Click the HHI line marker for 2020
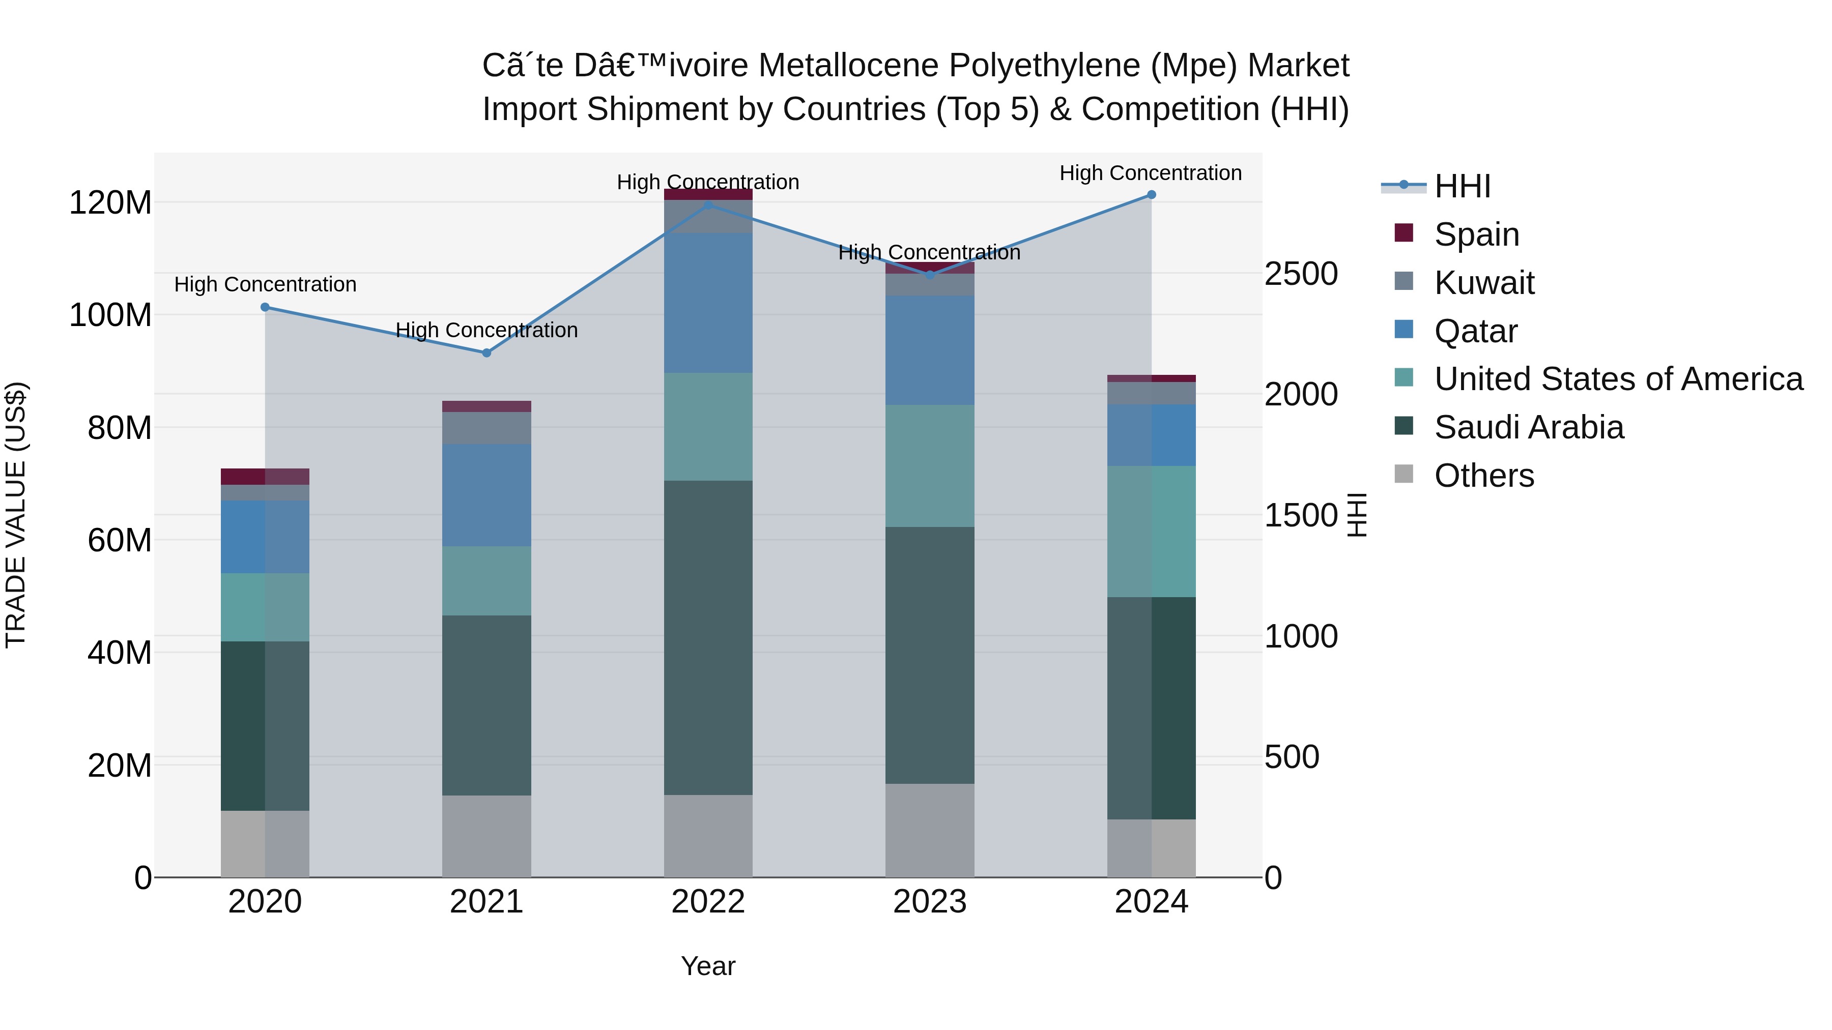(265, 307)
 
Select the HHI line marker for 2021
(486, 352)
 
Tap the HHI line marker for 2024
(1152, 195)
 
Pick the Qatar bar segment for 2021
(486, 495)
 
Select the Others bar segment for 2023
(930, 830)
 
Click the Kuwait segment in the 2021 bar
(486, 428)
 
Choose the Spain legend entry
(1476, 234)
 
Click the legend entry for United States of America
(1618, 379)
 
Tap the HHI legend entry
(1462, 186)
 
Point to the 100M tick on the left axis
(110, 315)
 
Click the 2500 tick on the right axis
(1301, 274)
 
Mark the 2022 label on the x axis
(708, 902)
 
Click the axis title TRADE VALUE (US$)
(16, 515)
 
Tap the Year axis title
(708, 966)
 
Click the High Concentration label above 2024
(1150, 173)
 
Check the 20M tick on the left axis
(120, 766)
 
